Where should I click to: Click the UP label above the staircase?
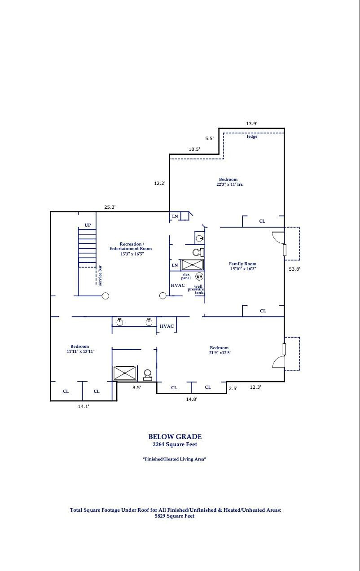point(88,225)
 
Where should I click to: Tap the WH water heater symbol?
point(199,276)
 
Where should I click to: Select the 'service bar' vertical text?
point(100,276)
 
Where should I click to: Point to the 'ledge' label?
point(252,136)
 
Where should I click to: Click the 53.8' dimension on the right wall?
point(294,269)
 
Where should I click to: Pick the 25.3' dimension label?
point(110,207)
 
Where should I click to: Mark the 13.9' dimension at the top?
point(251,123)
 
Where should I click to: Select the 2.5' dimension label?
point(233,388)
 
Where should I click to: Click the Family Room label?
point(243,266)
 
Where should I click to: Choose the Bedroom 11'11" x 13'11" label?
point(80,349)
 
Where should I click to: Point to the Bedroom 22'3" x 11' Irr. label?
point(228,182)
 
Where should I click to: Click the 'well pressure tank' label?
point(198,290)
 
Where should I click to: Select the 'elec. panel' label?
point(186,277)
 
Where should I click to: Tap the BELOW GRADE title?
point(175,436)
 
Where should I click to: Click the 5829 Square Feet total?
point(175,516)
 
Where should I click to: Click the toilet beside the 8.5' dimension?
point(147,374)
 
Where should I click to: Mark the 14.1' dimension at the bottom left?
point(83,406)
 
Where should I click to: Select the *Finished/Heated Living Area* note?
point(175,459)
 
